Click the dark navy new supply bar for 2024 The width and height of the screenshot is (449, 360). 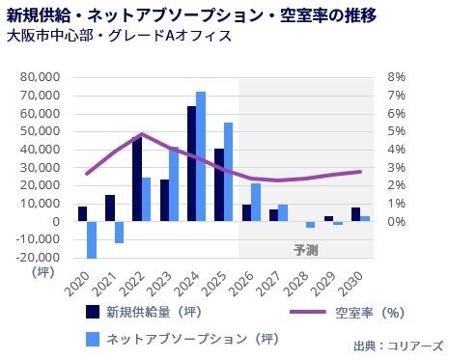[192, 163]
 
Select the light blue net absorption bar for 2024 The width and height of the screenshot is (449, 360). [201, 156]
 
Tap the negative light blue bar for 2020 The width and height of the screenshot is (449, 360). [92, 239]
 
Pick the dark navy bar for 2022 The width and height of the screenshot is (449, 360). [137, 179]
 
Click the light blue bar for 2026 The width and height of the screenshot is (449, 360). [256, 202]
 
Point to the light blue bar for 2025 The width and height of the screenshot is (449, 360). [228, 172]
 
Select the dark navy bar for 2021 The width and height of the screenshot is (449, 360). [110, 208]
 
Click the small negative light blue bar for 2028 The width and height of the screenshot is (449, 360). [310, 225]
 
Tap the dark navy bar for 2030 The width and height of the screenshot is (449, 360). [355, 214]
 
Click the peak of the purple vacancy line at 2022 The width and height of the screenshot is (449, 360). [142, 134]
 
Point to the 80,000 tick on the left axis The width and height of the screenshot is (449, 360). [41, 77]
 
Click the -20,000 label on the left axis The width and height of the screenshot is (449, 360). [39, 258]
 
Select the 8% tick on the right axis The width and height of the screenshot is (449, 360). [396, 77]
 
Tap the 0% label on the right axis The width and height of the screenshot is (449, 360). [396, 221]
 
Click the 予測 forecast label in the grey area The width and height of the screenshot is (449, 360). [306, 250]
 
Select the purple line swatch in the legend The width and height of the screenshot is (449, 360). [308, 312]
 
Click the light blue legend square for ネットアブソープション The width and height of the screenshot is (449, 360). [93, 339]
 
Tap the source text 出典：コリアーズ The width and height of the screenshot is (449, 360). [399, 346]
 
